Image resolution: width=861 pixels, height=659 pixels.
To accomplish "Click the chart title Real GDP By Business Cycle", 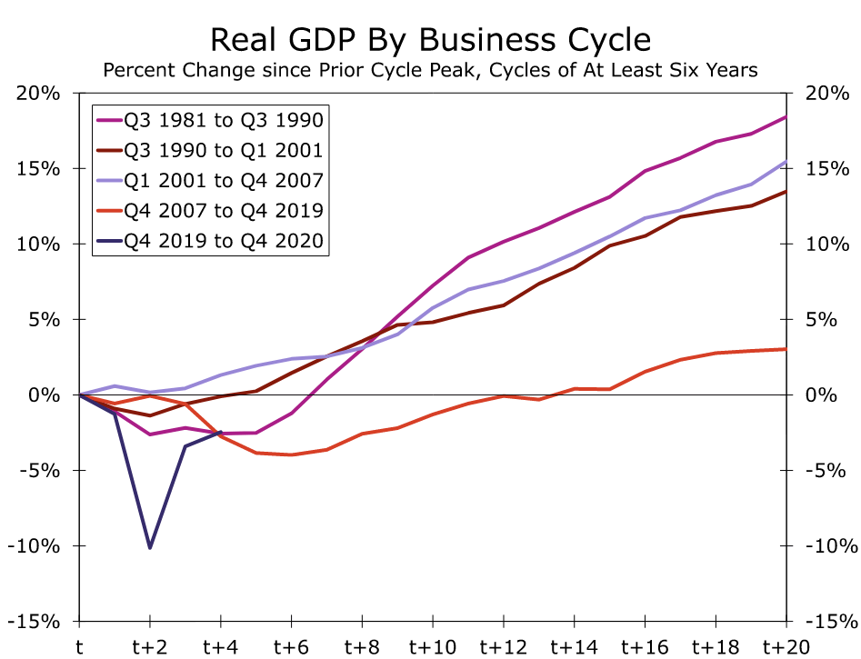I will (x=430, y=40).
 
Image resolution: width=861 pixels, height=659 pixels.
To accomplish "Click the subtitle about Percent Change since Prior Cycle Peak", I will (x=430, y=70).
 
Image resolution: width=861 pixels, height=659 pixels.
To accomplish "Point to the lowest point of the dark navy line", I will (x=150, y=547).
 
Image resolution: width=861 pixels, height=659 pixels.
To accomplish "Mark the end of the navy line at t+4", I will (x=220, y=432).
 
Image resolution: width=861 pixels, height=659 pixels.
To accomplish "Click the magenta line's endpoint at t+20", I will (x=786, y=117).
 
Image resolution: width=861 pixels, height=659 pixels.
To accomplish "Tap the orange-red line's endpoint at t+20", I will (x=786, y=349).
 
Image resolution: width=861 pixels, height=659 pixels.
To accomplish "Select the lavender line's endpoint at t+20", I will (x=786, y=162).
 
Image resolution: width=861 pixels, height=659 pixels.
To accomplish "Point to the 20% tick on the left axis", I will (x=39, y=94).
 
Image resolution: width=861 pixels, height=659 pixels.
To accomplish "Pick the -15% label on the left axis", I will (x=35, y=622).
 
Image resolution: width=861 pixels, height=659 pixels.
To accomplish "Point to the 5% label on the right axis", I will (x=822, y=320).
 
